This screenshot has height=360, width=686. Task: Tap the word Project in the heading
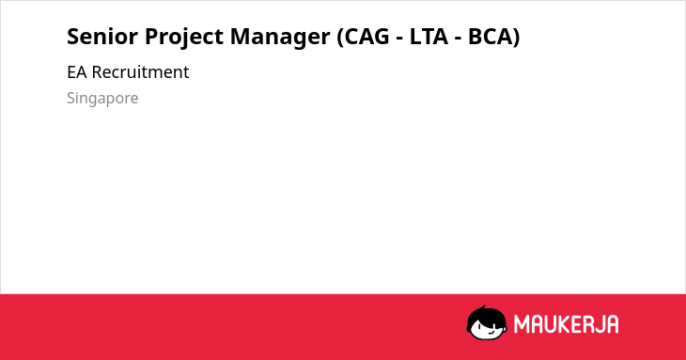(x=184, y=38)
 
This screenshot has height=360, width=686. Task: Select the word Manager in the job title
(x=280, y=38)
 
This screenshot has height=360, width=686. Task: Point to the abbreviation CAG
(x=366, y=37)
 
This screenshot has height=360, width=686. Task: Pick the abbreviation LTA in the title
(x=429, y=37)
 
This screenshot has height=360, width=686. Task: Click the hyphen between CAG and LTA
(x=399, y=39)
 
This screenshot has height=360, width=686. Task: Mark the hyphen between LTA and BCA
(x=458, y=39)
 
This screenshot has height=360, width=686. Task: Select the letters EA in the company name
(x=77, y=72)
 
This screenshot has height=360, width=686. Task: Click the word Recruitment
(x=140, y=72)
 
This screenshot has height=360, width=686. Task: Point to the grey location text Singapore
(x=102, y=99)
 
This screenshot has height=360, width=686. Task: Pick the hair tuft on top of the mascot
(x=483, y=308)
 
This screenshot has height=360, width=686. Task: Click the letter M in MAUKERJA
(x=522, y=324)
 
